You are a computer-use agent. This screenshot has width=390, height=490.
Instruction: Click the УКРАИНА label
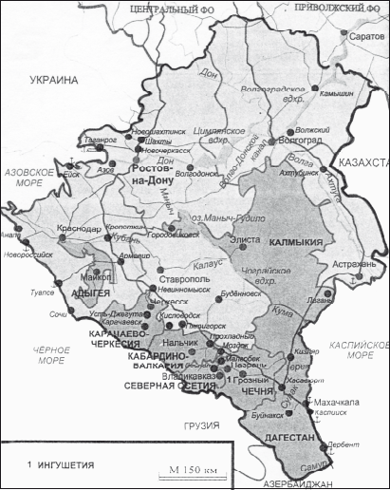click(55, 81)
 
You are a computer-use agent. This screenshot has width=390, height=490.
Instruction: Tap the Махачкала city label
click(340, 402)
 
